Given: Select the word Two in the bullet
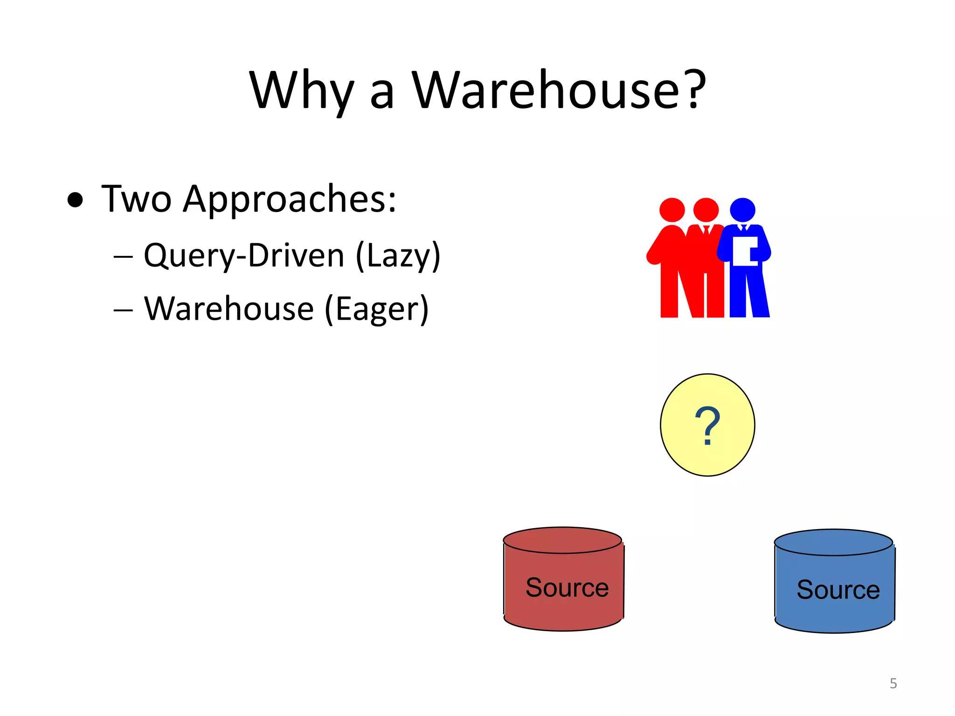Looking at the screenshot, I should click(136, 200).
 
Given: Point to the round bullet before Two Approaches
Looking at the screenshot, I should click(75, 200).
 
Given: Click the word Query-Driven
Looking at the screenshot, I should click(244, 255).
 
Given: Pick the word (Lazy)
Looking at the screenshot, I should click(398, 255).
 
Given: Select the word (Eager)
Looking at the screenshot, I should click(376, 309).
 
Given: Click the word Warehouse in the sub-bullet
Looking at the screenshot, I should click(229, 309).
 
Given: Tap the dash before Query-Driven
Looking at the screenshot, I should click(123, 257).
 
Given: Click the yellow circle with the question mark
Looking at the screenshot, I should click(707, 425).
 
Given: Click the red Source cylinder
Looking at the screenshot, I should click(563, 579).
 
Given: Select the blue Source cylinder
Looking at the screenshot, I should click(834, 582).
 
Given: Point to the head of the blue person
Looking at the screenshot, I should click(742, 210).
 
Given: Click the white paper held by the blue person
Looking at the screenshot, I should click(744, 251).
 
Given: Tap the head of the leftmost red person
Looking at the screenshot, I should click(672, 210).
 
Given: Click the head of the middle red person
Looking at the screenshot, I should click(706, 210).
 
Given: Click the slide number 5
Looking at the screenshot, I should click(893, 683).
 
